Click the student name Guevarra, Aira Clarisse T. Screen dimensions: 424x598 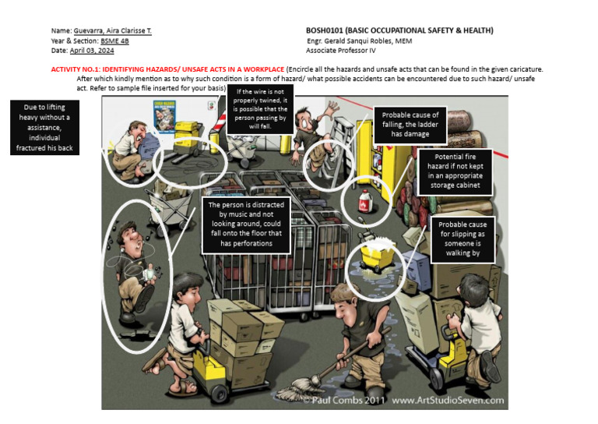[113, 30]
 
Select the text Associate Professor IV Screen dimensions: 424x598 [340, 50]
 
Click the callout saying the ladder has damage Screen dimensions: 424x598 [410, 125]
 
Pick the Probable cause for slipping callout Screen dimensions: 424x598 [463, 238]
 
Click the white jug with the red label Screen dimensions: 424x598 [363, 201]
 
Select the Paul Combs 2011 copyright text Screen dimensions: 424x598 [346, 401]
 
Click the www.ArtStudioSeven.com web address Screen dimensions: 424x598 [446, 401]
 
